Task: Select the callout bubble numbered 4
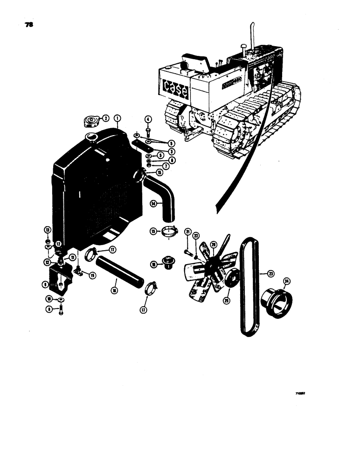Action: (147, 119)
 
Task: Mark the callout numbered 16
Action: (115, 289)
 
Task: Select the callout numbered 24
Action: (287, 281)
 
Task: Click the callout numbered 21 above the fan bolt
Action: (187, 233)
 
